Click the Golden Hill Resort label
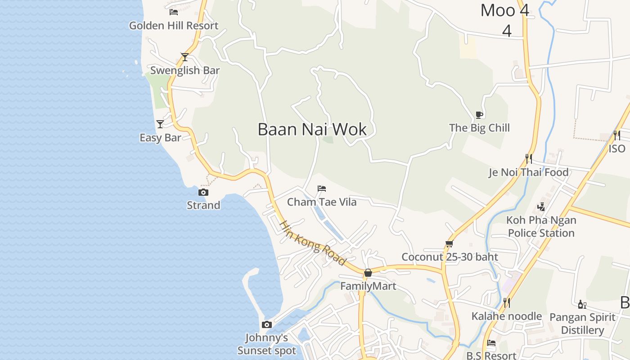coord(173,26)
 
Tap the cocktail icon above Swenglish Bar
coord(184,57)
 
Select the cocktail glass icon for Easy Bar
coord(160,124)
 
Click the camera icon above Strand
coord(203,193)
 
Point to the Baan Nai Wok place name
coord(312,130)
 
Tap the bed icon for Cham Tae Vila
coord(322,188)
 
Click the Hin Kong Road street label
coord(312,243)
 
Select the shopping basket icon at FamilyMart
coord(368,273)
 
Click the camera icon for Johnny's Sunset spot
coord(267,324)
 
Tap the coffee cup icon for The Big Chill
coord(479,115)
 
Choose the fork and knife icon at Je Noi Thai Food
coord(529,158)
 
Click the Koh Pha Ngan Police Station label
coord(541,226)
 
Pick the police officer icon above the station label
coord(541,207)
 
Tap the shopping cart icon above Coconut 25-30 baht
coord(449,243)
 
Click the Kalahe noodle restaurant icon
coord(507,302)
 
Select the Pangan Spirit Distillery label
coord(582,324)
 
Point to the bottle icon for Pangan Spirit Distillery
coord(582,304)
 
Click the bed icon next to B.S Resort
coord(491,343)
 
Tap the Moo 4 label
coord(505,10)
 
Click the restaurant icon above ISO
coord(617,135)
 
